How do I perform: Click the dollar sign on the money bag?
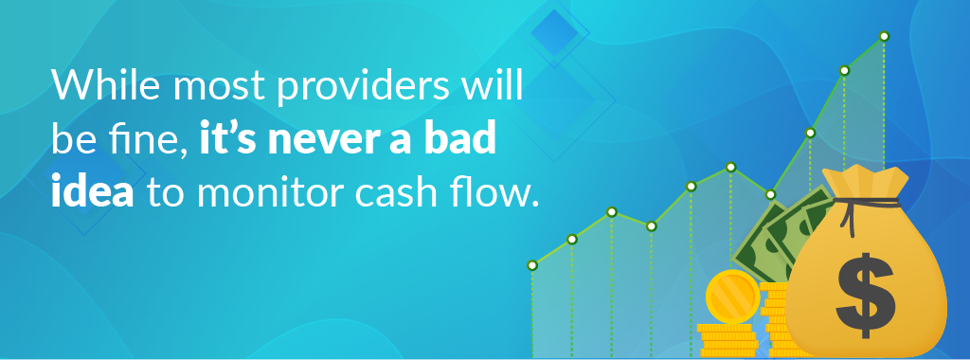(864, 294)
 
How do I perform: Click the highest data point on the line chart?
(884, 36)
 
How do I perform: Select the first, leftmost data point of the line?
(532, 265)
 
